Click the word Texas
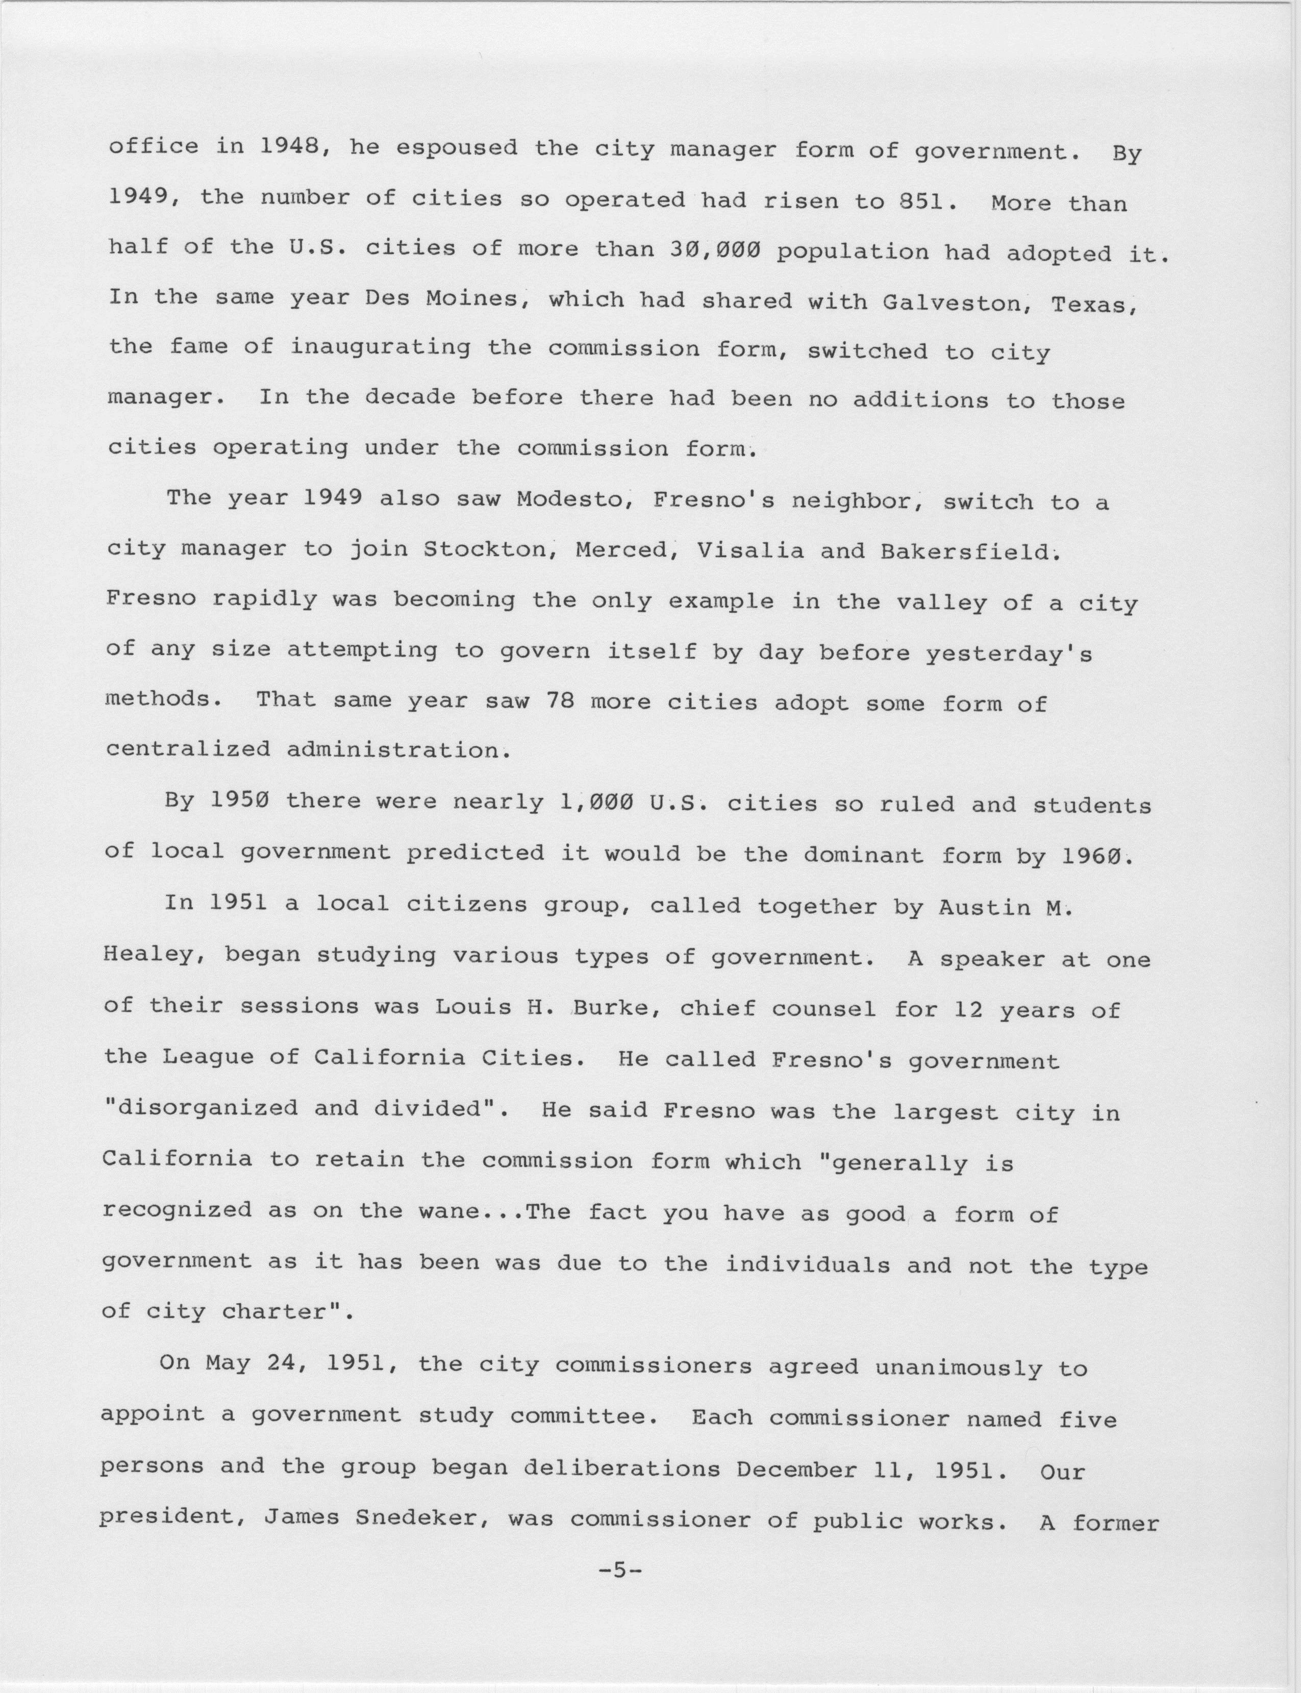coord(1092,305)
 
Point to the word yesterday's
coord(1008,655)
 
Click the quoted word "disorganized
coord(200,1108)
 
